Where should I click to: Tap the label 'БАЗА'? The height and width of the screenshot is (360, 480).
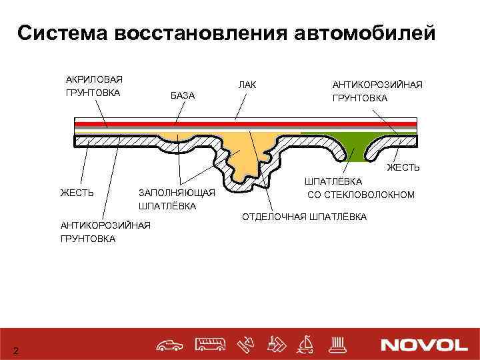click(x=183, y=96)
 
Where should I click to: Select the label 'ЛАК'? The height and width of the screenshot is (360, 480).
click(x=247, y=85)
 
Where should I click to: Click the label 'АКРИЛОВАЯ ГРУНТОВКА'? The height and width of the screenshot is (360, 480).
click(x=93, y=86)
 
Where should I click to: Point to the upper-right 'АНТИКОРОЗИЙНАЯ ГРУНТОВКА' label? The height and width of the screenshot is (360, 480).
click(x=377, y=92)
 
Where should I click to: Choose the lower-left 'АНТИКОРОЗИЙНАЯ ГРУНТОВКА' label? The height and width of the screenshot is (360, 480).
click(x=105, y=231)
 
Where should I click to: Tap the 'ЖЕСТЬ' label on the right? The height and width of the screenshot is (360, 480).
click(x=403, y=167)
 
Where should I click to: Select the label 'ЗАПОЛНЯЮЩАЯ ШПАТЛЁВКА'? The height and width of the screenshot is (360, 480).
click(x=176, y=199)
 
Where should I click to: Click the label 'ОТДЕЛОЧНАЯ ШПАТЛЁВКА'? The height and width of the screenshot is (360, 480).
click(x=304, y=217)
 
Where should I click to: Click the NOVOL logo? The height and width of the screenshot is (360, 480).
click(x=425, y=345)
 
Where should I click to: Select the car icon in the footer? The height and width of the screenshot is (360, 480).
click(x=171, y=345)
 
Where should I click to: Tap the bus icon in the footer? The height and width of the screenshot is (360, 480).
click(x=211, y=345)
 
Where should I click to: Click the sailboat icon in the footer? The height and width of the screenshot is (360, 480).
click(x=307, y=344)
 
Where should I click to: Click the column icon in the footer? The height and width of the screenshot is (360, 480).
click(x=337, y=344)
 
